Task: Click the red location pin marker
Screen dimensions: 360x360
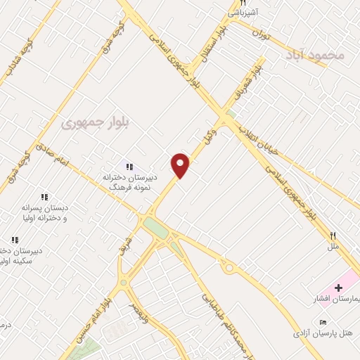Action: pyautogui.click(x=181, y=165)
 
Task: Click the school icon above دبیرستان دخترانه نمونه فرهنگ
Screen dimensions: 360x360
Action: pyautogui.click(x=129, y=167)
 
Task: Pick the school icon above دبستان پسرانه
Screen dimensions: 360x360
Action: pyautogui.click(x=44, y=198)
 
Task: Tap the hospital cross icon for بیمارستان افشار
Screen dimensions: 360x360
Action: pyautogui.click(x=338, y=288)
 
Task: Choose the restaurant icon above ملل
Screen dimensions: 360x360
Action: pyautogui.click(x=333, y=237)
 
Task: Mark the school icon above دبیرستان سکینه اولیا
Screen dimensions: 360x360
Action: pyautogui.click(x=14, y=240)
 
